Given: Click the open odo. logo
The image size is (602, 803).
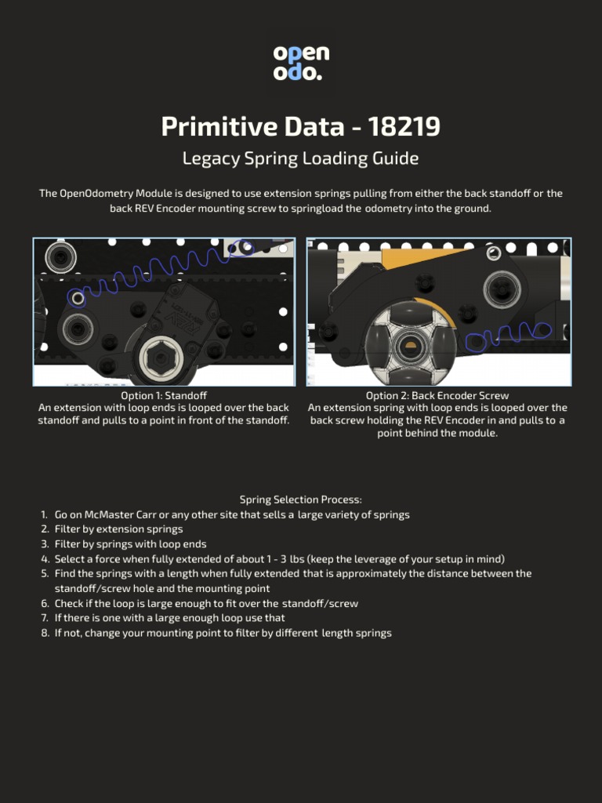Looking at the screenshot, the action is click(x=301, y=63).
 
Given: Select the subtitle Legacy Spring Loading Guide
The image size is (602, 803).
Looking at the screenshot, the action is click(x=300, y=158).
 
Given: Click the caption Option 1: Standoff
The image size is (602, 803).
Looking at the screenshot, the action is click(x=164, y=395).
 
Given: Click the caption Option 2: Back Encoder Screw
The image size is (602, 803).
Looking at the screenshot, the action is click(x=437, y=395).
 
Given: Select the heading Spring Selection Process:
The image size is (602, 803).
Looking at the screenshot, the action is click(x=300, y=500).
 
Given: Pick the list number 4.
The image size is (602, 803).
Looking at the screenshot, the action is click(x=45, y=559).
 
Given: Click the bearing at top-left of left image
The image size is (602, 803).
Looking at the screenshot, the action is click(x=60, y=256).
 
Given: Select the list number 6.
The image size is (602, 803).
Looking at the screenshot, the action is click(x=45, y=603).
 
